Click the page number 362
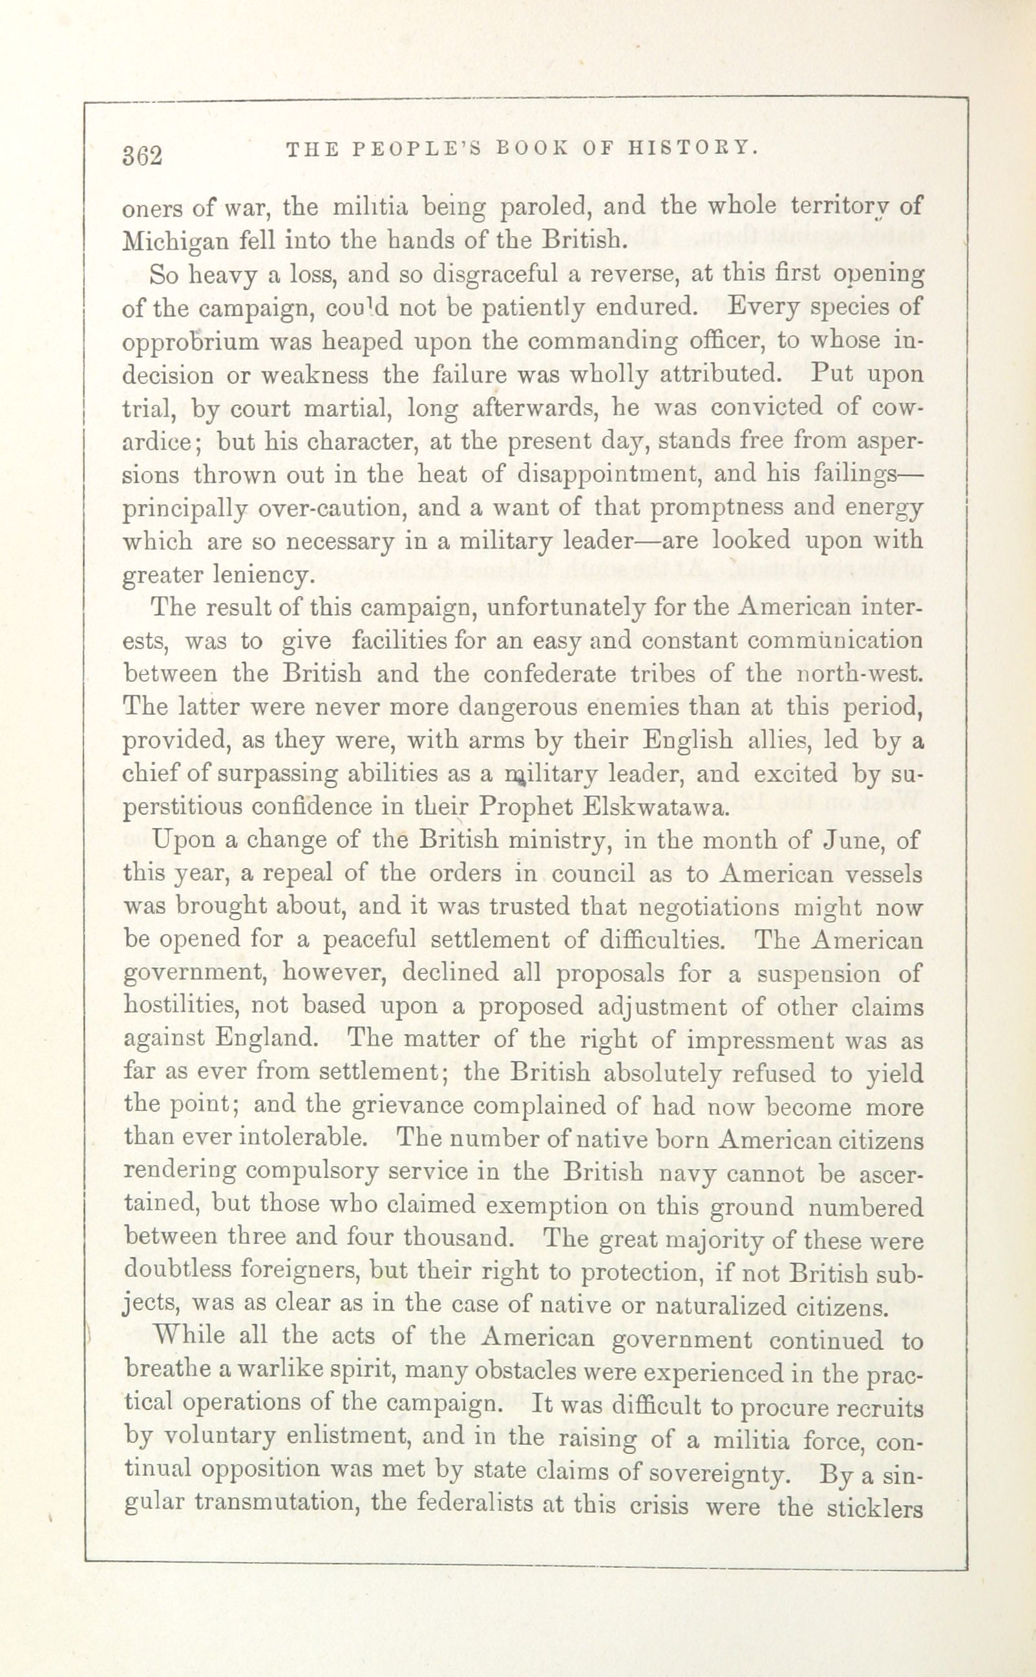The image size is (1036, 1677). click(x=143, y=155)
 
